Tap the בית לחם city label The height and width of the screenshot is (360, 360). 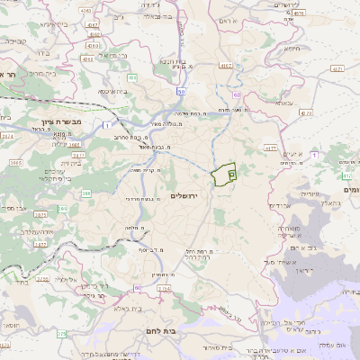(x=159, y=331)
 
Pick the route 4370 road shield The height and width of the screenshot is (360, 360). (x=307, y=112)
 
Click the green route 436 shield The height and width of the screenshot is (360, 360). (x=132, y=78)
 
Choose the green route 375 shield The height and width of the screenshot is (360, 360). (x=61, y=334)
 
